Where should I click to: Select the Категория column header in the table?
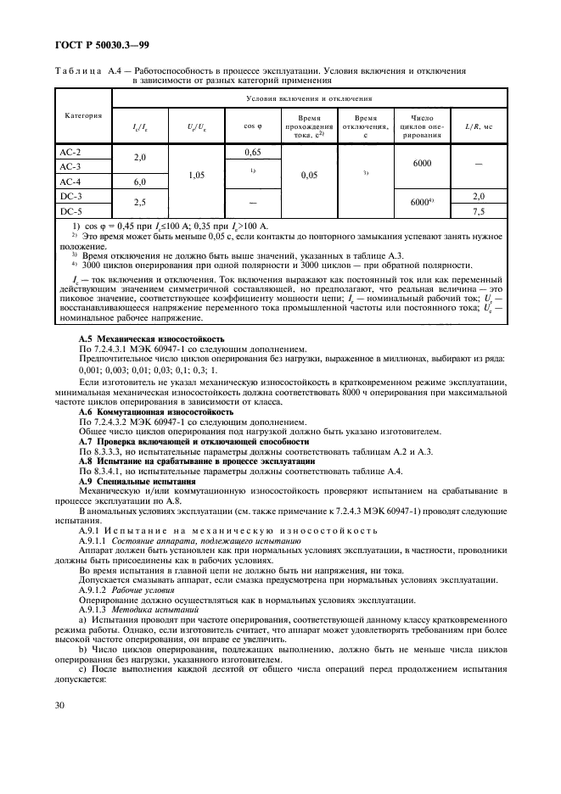[x=83, y=115]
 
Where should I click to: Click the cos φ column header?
[x=250, y=126]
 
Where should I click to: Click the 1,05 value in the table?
[x=196, y=174]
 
